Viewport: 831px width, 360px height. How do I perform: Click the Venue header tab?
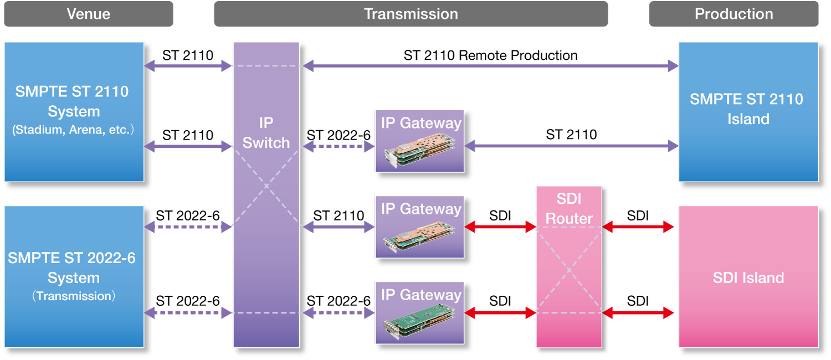(89, 14)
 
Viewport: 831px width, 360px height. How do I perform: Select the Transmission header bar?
(411, 14)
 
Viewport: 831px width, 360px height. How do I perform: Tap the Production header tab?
(733, 14)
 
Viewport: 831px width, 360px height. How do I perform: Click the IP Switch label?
(266, 133)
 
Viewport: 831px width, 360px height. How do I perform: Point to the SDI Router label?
(569, 208)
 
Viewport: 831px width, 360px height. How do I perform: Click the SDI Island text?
(748, 277)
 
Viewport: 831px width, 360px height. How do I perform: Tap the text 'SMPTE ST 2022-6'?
(72, 258)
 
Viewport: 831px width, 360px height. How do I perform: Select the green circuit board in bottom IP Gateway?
(419, 321)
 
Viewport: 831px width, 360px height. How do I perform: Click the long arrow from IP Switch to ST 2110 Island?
(490, 66)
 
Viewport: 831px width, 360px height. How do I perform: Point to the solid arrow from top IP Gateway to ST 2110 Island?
(571, 146)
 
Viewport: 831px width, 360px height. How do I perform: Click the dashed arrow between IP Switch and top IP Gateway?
(338, 146)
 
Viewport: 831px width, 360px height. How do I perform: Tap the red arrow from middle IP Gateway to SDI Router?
(500, 227)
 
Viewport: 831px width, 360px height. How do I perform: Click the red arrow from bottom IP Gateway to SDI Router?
(500, 313)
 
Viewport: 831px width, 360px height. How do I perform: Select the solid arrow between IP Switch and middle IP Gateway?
(338, 227)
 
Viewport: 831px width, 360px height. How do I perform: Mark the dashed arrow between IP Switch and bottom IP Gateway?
(338, 313)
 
